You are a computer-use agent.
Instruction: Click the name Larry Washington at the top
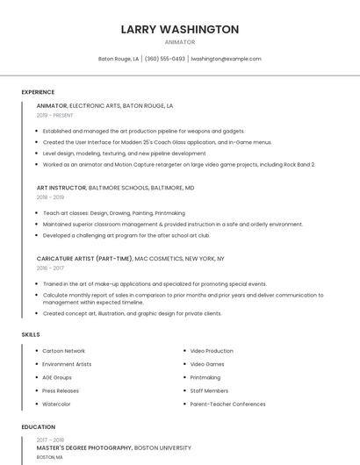179,29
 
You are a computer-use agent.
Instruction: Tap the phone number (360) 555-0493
165,59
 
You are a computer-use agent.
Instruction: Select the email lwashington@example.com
226,59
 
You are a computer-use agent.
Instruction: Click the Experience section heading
38,92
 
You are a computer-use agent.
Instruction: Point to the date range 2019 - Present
55,115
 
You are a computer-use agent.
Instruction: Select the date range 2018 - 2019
51,197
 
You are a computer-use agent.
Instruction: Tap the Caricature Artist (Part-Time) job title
84,259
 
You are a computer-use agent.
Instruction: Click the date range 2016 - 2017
51,268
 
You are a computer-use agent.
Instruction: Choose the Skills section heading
31,334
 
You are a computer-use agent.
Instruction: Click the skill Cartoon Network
63,351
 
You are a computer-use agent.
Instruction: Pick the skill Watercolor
57,404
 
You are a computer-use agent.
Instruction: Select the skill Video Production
212,351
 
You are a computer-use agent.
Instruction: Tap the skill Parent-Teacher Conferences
227,404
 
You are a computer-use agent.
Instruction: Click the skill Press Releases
61,390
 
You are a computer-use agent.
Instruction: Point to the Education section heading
38,427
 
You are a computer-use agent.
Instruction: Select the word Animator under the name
179,42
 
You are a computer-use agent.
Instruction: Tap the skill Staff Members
209,390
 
